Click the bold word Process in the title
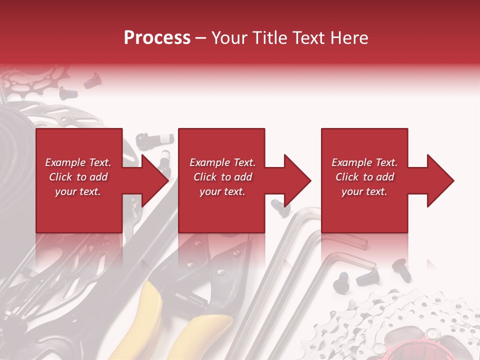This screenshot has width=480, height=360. pyautogui.click(x=157, y=37)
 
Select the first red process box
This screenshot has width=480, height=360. pyautogui.click(x=78, y=210)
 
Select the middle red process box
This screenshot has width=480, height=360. pyautogui.click(x=221, y=210)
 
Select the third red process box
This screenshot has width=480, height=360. pyautogui.click(x=364, y=210)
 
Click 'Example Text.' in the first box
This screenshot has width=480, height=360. pyautogui.click(x=78, y=162)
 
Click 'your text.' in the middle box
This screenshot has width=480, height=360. pyautogui.click(x=222, y=191)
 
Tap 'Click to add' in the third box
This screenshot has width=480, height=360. pyautogui.click(x=364, y=177)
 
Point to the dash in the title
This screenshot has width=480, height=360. pyautogui.click(x=200, y=38)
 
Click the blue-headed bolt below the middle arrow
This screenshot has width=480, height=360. pyautogui.click(x=275, y=203)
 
